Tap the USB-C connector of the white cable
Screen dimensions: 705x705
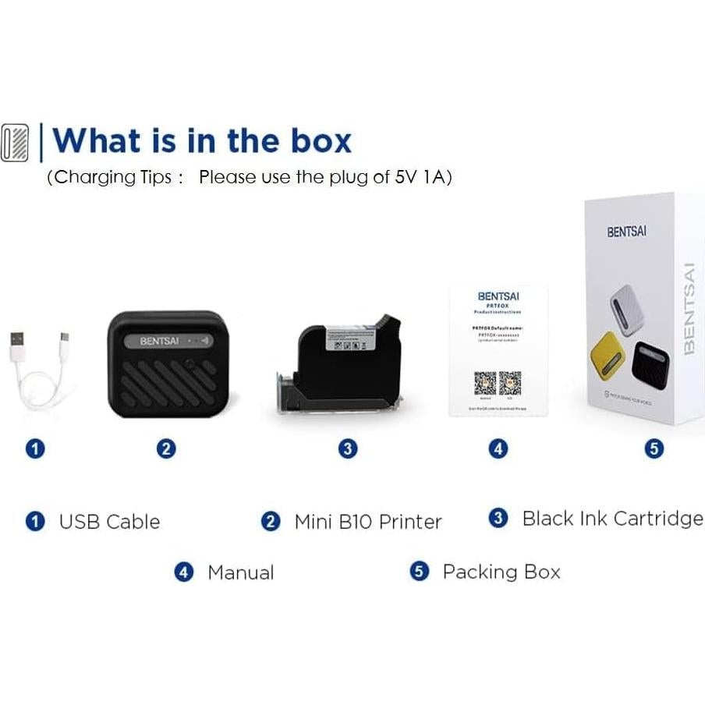(x=66, y=341)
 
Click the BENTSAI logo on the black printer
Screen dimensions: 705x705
(x=159, y=341)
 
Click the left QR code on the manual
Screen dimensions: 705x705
(x=484, y=382)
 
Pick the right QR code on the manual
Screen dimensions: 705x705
(x=510, y=382)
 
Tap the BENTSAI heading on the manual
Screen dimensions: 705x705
(x=498, y=296)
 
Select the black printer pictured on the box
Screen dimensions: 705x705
(x=651, y=361)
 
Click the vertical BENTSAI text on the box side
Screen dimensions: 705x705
(x=689, y=308)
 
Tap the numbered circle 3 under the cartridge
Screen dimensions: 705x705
(x=349, y=448)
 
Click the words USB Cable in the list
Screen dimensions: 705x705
(x=109, y=522)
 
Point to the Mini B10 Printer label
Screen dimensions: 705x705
(x=367, y=522)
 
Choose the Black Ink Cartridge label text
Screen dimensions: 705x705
(x=612, y=519)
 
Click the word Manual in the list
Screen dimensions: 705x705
(x=240, y=572)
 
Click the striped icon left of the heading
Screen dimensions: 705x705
(x=15, y=142)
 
